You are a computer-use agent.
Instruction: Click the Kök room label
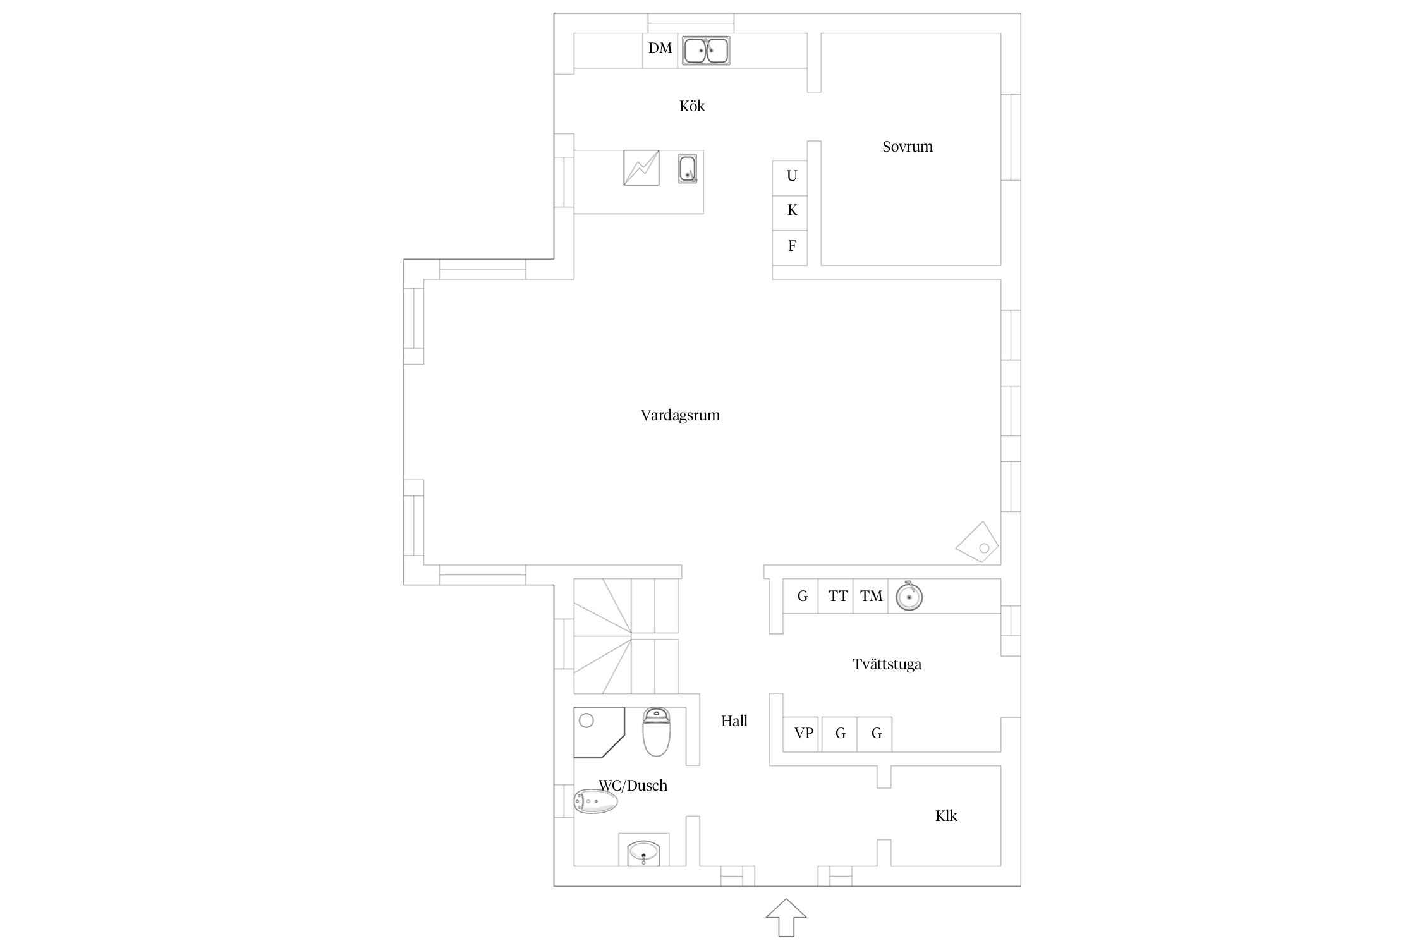coord(692,106)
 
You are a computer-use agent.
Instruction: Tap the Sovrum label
coord(908,147)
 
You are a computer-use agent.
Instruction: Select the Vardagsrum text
coord(680,415)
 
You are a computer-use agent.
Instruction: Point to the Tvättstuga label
coord(887,664)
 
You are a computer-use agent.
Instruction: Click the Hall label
coord(734,721)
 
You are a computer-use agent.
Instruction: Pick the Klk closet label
coord(946,816)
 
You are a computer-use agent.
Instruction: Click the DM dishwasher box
coord(660,51)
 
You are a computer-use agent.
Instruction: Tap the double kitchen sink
coord(706,51)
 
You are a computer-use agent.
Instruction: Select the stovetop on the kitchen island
coord(641,167)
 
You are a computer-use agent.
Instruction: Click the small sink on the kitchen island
coord(688,169)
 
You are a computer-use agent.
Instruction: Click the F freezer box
coord(790,248)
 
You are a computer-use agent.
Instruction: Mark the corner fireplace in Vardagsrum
coord(977,542)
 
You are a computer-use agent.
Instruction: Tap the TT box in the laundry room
coord(836,596)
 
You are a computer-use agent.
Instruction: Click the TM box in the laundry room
coord(870,596)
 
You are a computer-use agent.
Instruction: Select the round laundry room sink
coord(909,596)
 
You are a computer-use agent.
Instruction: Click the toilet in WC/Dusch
coord(656,732)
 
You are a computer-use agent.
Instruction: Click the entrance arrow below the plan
coord(786,918)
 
